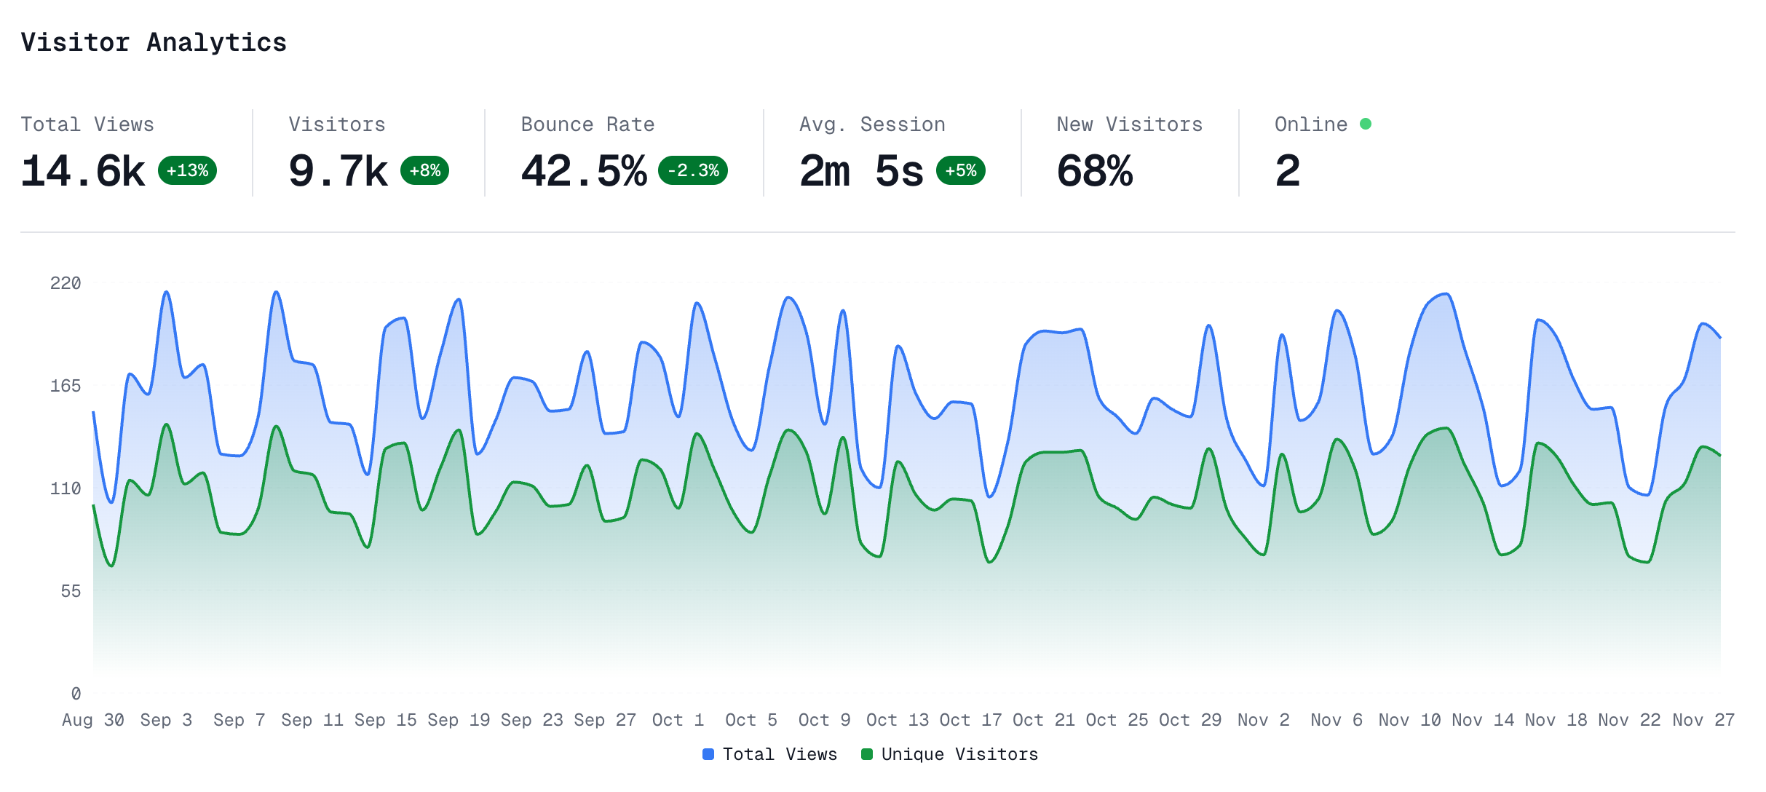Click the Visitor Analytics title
(x=154, y=42)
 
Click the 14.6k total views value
(x=83, y=172)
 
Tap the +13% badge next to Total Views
(x=187, y=170)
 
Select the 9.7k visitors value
(x=338, y=172)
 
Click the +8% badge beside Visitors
(x=424, y=170)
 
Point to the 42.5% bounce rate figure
(x=584, y=172)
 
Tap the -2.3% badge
(x=693, y=170)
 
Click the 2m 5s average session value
(x=861, y=172)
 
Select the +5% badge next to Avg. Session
(x=960, y=170)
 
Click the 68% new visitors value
(x=1094, y=172)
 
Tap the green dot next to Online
(x=1366, y=124)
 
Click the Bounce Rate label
(x=587, y=124)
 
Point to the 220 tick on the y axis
(x=66, y=283)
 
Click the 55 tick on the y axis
(x=71, y=591)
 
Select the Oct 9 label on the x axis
(x=824, y=720)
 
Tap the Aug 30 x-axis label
(x=93, y=720)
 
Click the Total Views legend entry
(x=770, y=754)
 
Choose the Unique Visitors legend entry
(x=950, y=754)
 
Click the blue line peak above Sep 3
(x=167, y=292)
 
